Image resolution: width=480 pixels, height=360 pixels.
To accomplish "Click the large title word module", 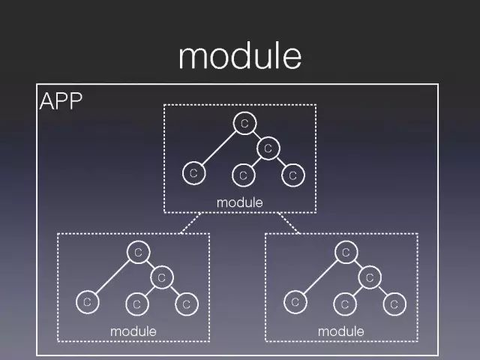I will (x=239, y=56).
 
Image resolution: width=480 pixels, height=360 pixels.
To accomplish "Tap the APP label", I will (x=60, y=101).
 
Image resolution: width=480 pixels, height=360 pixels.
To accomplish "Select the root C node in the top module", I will (x=244, y=123).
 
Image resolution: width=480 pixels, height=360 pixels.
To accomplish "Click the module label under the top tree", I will (x=239, y=202).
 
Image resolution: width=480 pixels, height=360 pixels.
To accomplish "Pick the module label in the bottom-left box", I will (x=133, y=331).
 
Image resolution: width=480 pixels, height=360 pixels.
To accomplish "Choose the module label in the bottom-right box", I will (x=340, y=331).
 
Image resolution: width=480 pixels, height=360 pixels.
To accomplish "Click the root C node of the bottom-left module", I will (x=137, y=252).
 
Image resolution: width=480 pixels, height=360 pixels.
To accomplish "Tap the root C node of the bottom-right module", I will (x=345, y=252).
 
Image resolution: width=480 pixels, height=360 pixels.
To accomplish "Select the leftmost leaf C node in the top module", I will (x=193, y=173).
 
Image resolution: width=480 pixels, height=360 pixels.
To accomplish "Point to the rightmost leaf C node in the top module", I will (x=292, y=175).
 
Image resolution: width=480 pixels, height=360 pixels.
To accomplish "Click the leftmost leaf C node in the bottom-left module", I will (x=87, y=302).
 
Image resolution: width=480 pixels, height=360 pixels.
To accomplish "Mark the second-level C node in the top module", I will (x=268, y=148).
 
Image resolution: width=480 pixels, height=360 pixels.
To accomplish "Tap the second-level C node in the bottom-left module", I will (x=161, y=277).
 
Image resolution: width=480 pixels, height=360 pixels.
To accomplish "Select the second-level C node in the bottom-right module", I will (x=369, y=277).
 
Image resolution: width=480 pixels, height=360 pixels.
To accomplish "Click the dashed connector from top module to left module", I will (x=192, y=223).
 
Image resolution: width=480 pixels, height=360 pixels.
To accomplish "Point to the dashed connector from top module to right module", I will (x=290, y=223).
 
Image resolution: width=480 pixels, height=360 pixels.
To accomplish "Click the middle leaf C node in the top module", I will (x=243, y=175).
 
